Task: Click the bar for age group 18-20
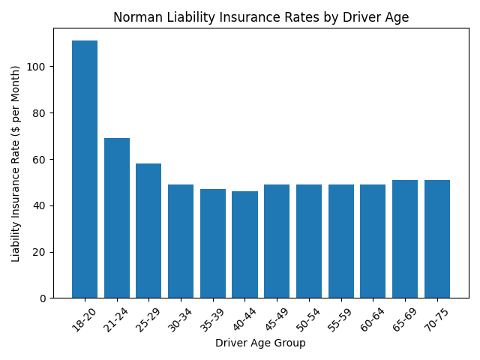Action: [x=85, y=169]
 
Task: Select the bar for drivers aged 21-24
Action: [x=117, y=218]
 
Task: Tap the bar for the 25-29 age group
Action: [x=148, y=231]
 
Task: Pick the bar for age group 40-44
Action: [x=244, y=244]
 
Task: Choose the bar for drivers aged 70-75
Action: [x=437, y=239]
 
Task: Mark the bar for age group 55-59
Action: [x=341, y=241]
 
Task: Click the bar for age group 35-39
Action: [x=213, y=244]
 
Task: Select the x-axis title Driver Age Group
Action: [x=260, y=343]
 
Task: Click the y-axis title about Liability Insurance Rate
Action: [x=16, y=163]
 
